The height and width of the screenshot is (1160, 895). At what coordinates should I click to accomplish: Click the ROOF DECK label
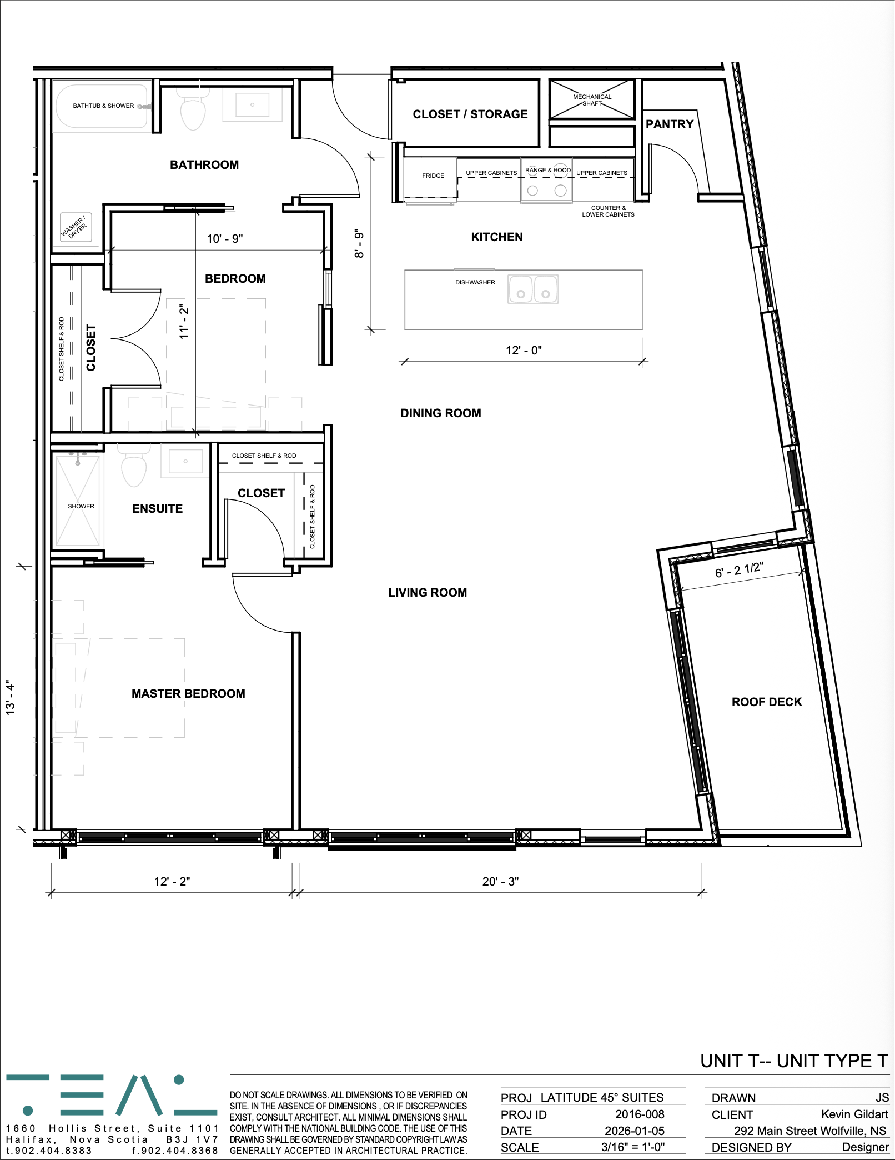point(767,702)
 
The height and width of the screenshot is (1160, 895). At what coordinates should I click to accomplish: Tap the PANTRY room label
point(670,124)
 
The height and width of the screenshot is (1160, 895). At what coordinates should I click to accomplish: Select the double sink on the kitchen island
point(533,289)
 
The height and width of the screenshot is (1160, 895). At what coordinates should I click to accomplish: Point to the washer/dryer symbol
point(75,228)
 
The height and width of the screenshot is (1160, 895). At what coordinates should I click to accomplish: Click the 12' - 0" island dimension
point(524,350)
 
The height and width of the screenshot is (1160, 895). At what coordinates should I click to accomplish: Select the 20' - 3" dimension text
point(500,881)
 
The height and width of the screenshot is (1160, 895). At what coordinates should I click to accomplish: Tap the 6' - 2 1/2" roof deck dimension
point(739,570)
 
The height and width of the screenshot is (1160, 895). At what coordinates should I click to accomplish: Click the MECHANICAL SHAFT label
point(592,100)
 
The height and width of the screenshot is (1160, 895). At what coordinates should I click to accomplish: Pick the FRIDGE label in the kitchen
point(433,176)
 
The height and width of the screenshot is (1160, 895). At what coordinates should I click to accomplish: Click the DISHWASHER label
point(475,282)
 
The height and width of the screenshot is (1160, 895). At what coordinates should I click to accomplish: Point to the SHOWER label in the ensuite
point(81,506)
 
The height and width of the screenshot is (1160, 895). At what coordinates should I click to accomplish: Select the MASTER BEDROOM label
point(188,693)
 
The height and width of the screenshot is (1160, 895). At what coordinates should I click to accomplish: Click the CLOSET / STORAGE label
point(470,114)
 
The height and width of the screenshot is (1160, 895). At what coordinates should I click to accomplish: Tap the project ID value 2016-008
point(640,1114)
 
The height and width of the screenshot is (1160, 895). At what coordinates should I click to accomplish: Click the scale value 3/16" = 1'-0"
point(633,1147)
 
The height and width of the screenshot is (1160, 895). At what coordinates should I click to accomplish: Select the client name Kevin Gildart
point(855,1114)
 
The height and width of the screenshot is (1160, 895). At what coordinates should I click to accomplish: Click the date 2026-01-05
point(635,1131)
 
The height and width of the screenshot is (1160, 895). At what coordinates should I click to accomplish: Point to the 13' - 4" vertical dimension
point(10,698)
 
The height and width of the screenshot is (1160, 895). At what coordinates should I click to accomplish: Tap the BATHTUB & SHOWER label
point(103,106)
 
